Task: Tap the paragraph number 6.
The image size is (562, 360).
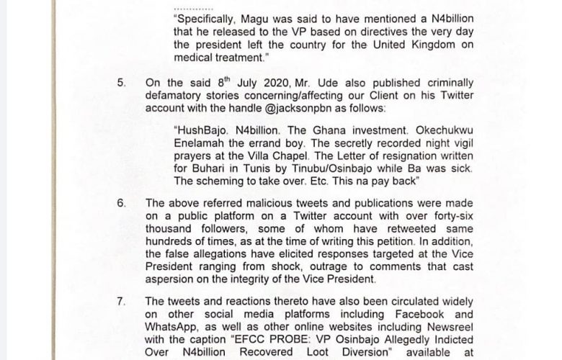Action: click(121, 204)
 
